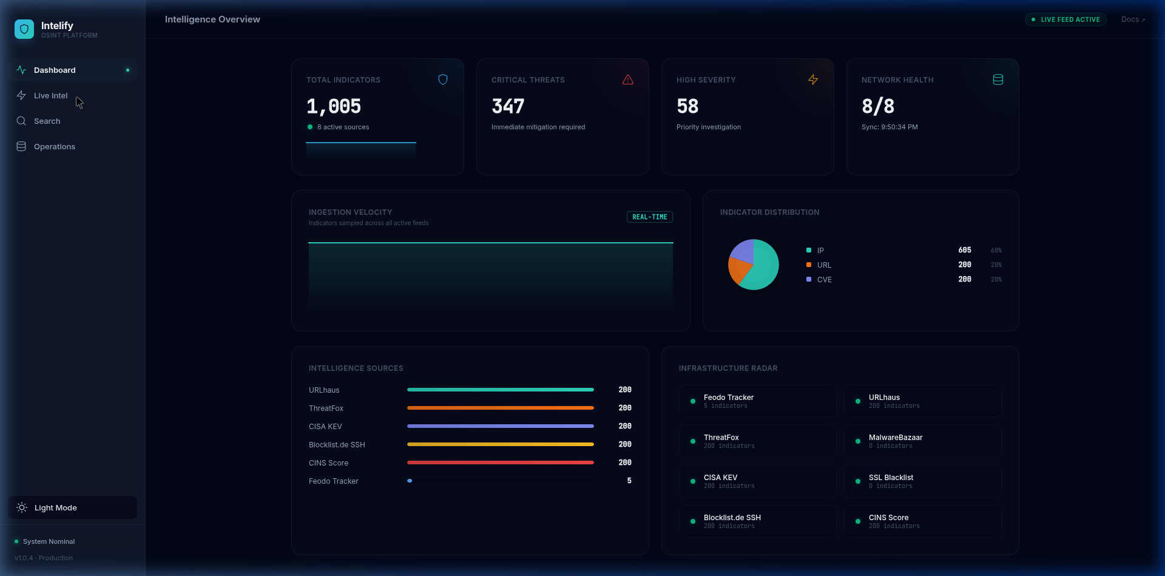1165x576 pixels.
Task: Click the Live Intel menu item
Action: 50,96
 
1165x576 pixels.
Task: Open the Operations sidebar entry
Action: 54,147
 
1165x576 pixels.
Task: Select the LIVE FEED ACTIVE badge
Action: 1065,19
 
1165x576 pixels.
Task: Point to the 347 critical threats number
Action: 508,107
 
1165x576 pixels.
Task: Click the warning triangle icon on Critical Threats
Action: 628,80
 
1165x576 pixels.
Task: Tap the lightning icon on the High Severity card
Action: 813,80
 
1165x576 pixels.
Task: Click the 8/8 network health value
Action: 878,107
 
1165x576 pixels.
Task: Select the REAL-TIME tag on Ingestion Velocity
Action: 649,217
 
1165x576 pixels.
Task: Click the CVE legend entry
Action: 824,280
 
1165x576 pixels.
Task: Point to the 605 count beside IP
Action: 964,250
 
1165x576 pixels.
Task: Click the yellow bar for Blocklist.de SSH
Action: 500,444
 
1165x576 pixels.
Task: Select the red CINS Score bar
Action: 500,462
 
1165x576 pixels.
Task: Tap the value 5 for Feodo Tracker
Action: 629,481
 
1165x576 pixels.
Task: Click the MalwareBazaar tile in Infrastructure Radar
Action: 922,441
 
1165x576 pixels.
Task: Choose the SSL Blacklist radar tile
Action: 922,481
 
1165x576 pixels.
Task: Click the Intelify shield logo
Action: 24,29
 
